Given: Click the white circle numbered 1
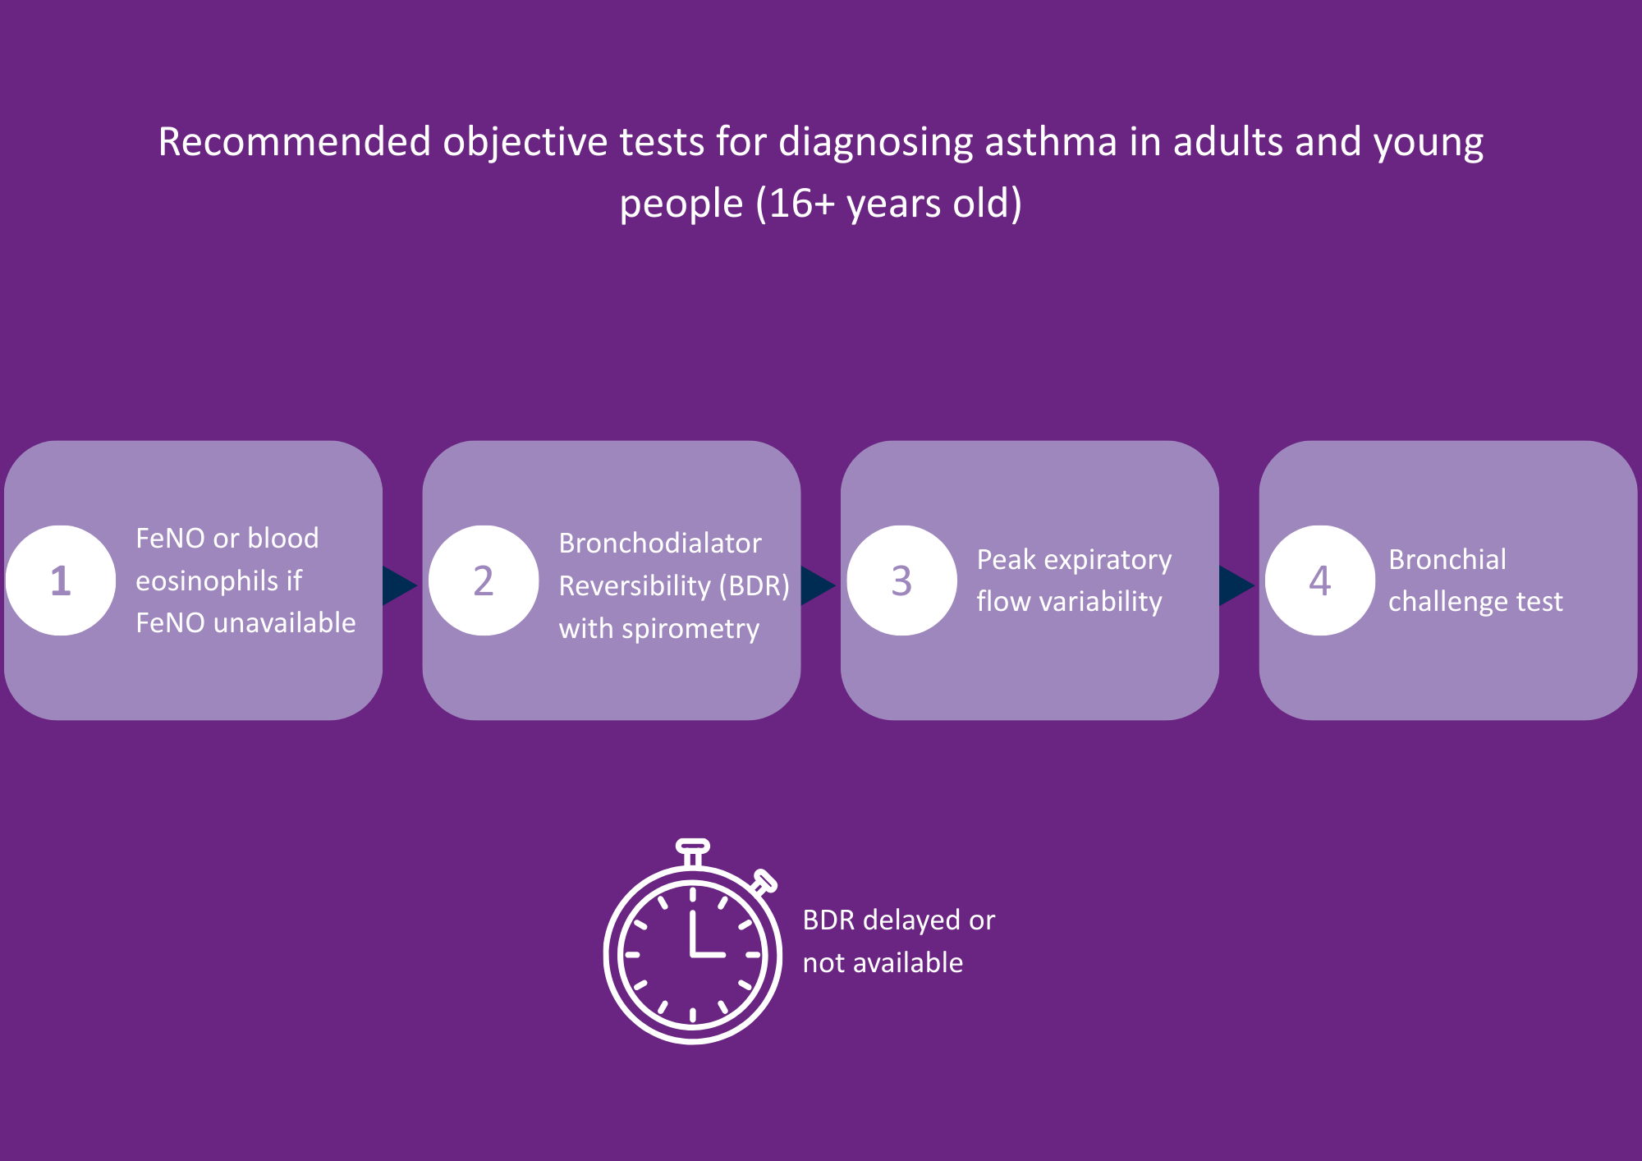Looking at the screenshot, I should pos(61,580).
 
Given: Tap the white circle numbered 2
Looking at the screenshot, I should pos(484,580).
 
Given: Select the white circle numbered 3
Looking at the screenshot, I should pos(901,580).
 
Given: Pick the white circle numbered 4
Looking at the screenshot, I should pos(1319,580).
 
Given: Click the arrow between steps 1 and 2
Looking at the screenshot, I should pos(398,585).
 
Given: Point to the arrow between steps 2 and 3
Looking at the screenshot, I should pos(816,585).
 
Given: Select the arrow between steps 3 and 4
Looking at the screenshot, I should pos(1235,585).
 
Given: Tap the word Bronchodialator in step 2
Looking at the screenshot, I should pos(660,544).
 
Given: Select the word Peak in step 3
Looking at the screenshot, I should pos(1007,560).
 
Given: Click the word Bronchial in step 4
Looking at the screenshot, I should pos(1447,560).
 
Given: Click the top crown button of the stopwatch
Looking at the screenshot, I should pos(692,847).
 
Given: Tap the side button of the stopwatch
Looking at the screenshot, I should pos(764,882).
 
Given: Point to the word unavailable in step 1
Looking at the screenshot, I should pos(284,623).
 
